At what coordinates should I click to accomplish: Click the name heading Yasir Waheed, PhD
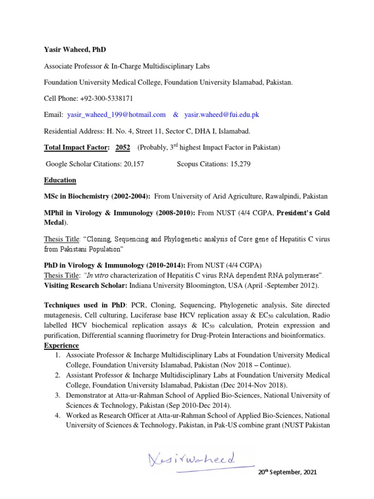[75, 50]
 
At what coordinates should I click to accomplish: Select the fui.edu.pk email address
[222, 115]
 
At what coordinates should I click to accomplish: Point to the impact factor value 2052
[123, 147]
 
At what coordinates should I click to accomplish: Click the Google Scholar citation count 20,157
[129, 164]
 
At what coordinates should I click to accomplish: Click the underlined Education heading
[60, 180]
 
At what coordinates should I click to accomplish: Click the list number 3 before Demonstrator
[57, 395]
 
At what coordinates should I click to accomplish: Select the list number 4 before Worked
[57, 416]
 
